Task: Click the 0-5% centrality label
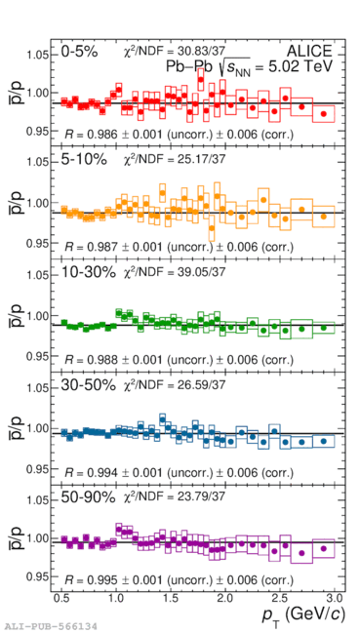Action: pyautogui.click(x=79, y=52)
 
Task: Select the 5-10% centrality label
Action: pyautogui.click(x=84, y=159)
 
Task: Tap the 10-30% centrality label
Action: pyautogui.click(x=88, y=272)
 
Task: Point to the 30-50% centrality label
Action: pyautogui.click(x=88, y=385)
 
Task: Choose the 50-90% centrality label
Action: pyautogui.click(x=88, y=497)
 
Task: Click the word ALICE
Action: pyautogui.click(x=309, y=51)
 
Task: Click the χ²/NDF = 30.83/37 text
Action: pyautogui.click(x=174, y=51)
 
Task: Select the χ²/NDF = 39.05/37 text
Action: pyautogui.click(x=174, y=272)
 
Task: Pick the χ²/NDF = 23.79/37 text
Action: pyautogui.click(x=174, y=496)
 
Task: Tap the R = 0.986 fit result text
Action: pyautogui.click(x=180, y=134)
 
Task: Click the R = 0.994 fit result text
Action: pyautogui.click(x=180, y=472)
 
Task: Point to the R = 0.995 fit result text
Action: pyautogui.click(x=180, y=579)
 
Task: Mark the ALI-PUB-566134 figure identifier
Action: pyautogui.click(x=49, y=627)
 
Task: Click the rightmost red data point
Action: pyautogui.click(x=323, y=114)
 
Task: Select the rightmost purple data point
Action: pyautogui.click(x=323, y=549)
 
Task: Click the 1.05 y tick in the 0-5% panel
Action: pyautogui.click(x=38, y=55)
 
